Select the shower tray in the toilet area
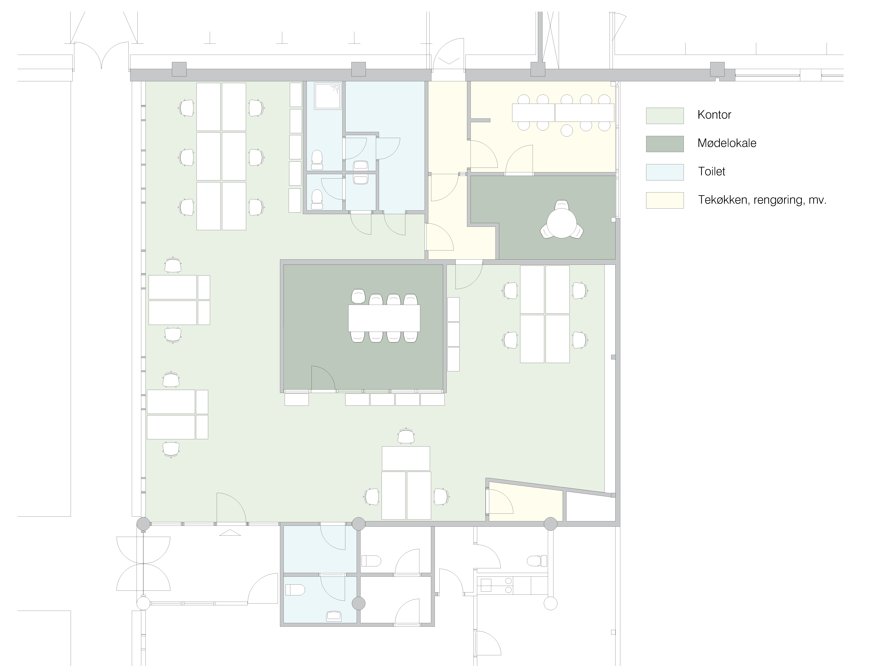point(328,96)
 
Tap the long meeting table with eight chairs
point(384,318)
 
